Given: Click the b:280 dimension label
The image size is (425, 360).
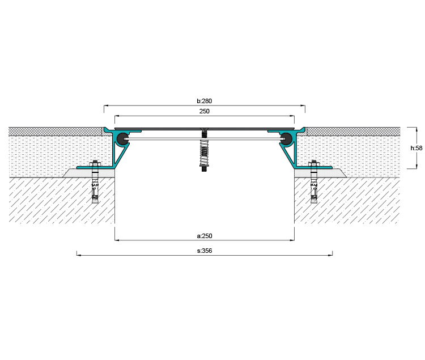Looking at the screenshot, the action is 205,101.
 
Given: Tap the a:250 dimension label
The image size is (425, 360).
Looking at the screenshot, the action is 205,236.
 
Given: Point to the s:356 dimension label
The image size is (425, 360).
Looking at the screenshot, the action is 205,251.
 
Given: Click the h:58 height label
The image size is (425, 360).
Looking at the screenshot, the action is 416,148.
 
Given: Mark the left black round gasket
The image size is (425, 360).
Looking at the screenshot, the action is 122,138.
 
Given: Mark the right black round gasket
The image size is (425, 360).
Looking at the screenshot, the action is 287,138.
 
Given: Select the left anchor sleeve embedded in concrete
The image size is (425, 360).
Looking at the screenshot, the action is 95,190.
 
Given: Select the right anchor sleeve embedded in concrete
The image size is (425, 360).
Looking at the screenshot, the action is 314,190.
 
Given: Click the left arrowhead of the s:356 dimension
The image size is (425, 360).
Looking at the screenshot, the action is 79,255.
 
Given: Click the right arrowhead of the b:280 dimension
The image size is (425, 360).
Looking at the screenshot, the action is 303,105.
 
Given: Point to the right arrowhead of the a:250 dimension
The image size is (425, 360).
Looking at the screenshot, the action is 292,240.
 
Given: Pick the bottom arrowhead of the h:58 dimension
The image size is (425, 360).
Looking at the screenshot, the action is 416,167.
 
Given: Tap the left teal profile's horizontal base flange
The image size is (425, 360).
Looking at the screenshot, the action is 95,168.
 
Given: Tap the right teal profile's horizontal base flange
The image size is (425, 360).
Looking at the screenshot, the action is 313,168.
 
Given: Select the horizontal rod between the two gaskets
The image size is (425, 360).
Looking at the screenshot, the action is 205,139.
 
